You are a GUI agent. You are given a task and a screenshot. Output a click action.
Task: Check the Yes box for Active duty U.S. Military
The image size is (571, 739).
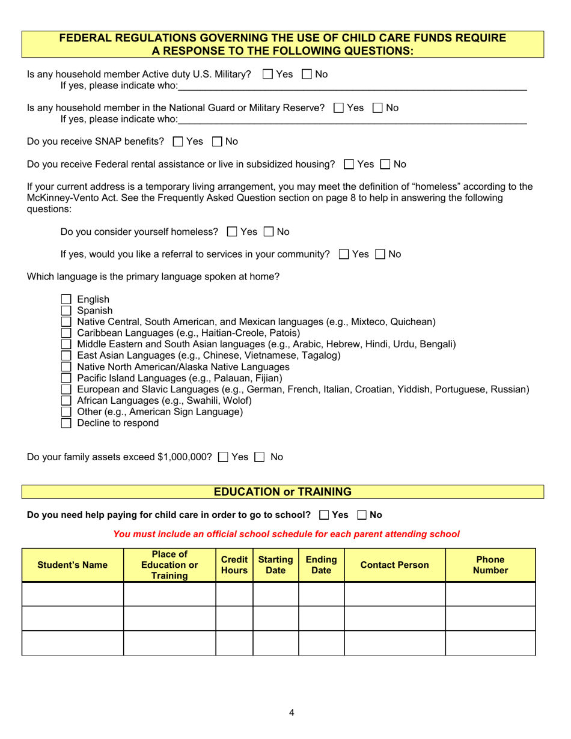point(268,75)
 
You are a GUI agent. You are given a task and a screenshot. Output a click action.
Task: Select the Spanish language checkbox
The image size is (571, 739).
point(67,311)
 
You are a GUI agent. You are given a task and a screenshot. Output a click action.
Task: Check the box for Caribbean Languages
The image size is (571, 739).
point(67,333)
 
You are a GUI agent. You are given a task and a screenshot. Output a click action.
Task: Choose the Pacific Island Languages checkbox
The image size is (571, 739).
point(67,378)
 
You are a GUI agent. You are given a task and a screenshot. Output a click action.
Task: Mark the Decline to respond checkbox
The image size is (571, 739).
point(67,423)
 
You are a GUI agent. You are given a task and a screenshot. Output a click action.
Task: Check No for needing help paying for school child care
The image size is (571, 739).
point(362,515)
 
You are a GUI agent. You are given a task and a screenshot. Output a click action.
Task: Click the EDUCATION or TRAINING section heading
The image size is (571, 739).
point(282,492)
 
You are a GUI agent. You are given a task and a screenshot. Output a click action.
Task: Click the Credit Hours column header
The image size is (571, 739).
point(234,565)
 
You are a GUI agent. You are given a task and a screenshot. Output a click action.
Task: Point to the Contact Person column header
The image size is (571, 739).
point(394,565)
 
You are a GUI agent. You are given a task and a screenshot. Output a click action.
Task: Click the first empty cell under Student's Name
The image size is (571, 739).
point(73,594)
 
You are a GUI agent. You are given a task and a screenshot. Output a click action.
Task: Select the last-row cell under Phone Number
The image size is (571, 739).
point(490,643)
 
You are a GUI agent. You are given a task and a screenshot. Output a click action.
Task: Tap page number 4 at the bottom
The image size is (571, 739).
point(292,713)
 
